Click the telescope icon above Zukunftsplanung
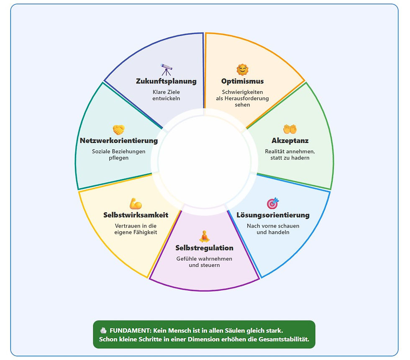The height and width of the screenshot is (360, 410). [x=166, y=69]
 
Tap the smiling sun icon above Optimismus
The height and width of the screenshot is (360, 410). [x=242, y=69]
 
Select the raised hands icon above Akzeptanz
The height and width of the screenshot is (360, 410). [x=290, y=129]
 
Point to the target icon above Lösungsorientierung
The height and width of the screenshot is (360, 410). [x=273, y=204]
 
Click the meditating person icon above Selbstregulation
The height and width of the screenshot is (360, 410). [x=204, y=236]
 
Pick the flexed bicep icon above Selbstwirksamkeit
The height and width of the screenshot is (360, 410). [x=136, y=204]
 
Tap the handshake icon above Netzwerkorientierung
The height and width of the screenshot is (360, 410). [x=119, y=130]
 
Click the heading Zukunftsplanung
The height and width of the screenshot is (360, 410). [x=166, y=81]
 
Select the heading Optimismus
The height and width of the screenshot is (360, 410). [x=243, y=81]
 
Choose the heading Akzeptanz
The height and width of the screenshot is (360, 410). [x=290, y=141]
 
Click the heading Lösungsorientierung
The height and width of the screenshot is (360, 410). [x=273, y=215]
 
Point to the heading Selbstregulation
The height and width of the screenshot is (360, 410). [x=204, y=248]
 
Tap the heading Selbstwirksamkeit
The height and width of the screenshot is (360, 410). [x=136, y=215]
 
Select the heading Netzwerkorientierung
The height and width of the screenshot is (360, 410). [x=119, y=141]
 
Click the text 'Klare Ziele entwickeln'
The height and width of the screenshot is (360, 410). [x=166, y=95]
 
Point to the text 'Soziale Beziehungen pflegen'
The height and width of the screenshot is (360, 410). [x=119, y=155]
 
